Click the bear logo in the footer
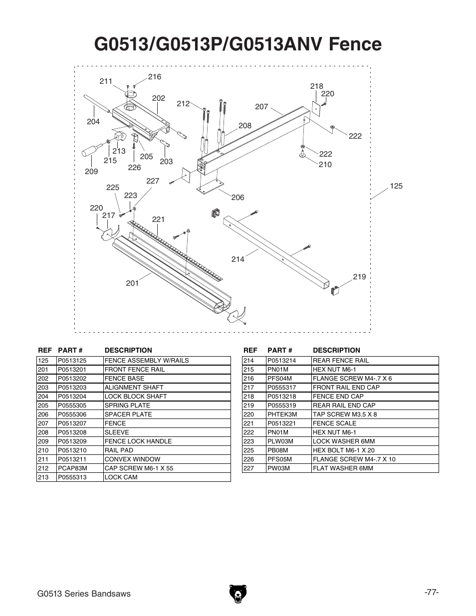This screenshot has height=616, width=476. pyautogui.click(x=238, y=594)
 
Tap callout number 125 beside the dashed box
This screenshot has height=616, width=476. pyautogui.click(x=396, y=186)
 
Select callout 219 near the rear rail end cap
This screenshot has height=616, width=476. pyautogui.click(x=359, y=277)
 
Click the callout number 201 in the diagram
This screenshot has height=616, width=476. pyautogui.click(x=132, y=283)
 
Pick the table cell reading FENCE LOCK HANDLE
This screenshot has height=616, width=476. pyautogui.click(x=138, y=441)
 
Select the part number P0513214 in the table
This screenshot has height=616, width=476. pyautogui.click(x=281, y=361)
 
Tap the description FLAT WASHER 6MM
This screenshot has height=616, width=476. pyautogui.click(x=343, y=468)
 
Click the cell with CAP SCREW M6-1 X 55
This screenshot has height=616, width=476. pyautogui.click(x=139, y=468)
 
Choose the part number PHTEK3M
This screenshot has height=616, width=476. pyautogui.click(x=282, y=414)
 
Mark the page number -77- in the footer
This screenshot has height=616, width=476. pyautogui.click(x=432, y=593)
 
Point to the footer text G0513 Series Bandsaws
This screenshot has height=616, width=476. pyautogui.click(x=84, y=594)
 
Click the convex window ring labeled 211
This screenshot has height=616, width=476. pyautogui.click(x=131, y=94)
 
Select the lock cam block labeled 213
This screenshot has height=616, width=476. pyautogui.click(x=120, y=136)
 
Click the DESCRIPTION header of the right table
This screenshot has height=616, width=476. pyautogui.click(x=336, y=350)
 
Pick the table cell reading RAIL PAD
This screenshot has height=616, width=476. pyautogui.click(x=119, y=450)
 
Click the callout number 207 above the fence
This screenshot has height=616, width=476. pyautogui.click(x=261, y=107)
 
